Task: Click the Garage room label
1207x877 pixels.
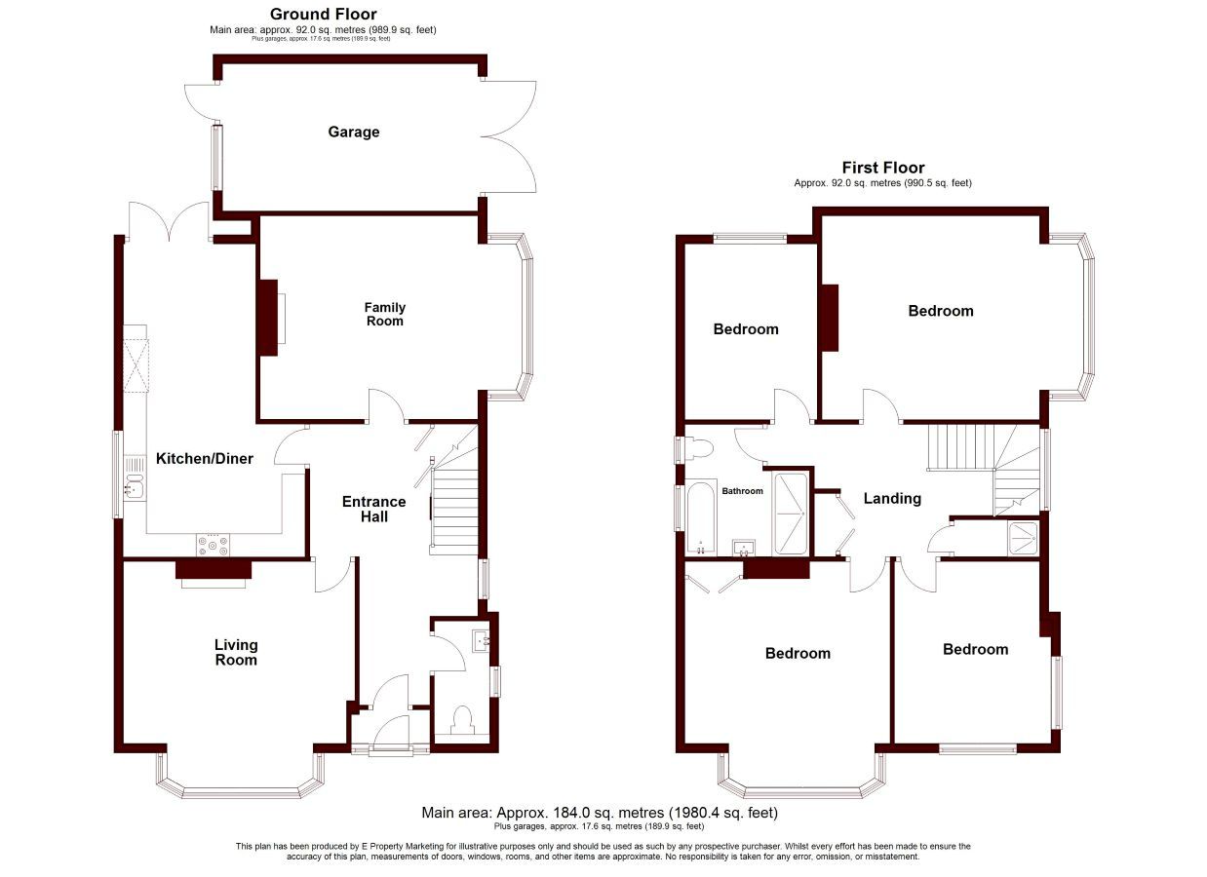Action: click(354, 132)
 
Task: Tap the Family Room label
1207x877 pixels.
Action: click(385, 314)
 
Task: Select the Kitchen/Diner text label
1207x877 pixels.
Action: click(204, 458)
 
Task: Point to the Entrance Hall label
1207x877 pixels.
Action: click(374, 509)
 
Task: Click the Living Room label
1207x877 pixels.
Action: click(236, 652)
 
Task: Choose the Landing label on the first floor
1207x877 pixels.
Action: click(892, 499)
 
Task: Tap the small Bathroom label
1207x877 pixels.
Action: click(743, 491)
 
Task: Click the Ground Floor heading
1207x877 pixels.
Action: click(324, 14)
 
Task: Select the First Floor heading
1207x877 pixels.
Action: click(883, 168)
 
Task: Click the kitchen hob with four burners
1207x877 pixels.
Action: click(213, 545)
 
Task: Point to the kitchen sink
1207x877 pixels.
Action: click(135, 479)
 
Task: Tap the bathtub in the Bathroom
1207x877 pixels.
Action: click(702, 517)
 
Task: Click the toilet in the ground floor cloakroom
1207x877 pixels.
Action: click(462, 720)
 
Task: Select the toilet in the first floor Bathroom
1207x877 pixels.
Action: click(698, 448)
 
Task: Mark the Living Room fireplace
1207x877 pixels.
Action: click(214, 574)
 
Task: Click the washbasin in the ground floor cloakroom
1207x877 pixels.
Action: click(482, 641)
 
